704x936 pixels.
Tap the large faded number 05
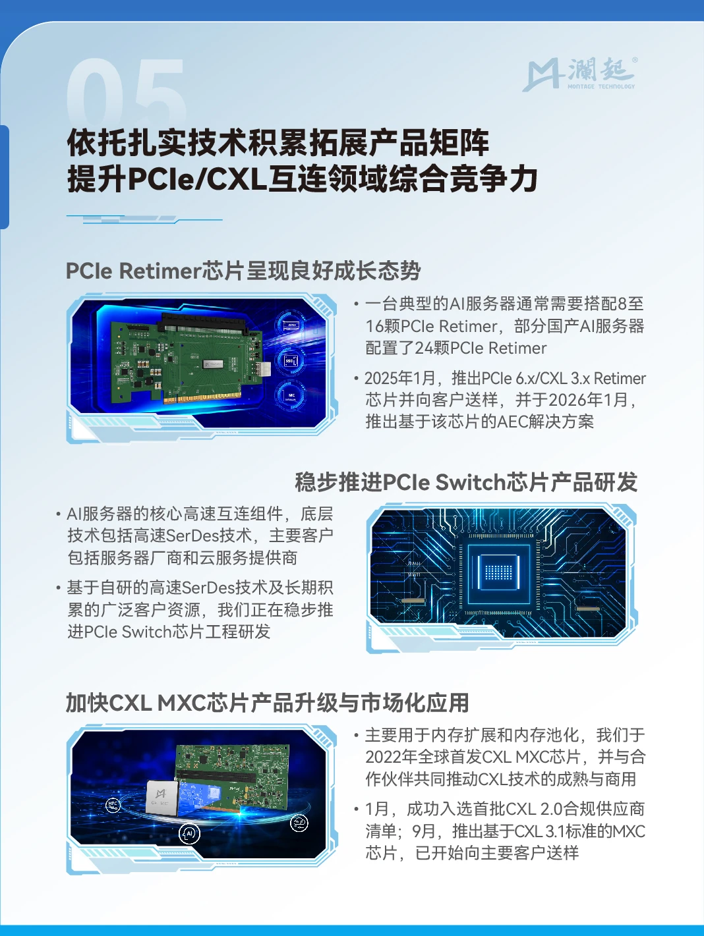click(127, 92)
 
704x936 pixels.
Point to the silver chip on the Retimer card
click(213, 365)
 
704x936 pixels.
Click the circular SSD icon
click(291, 361)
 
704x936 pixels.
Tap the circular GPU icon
click(291, 325)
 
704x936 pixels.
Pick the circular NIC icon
click(291, 395)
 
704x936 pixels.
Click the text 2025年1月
click(399, 378)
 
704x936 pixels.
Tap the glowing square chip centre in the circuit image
click(499, 572)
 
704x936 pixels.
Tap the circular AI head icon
click(189, 833)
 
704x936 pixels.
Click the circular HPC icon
click(113, 805)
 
